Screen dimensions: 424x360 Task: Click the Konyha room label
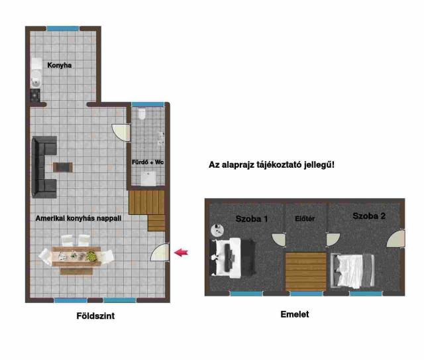(60, 65)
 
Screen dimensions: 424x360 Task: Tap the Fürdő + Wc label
(148, 162)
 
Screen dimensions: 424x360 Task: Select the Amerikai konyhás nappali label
(78, 218)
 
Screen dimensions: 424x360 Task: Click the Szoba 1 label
(252, 219)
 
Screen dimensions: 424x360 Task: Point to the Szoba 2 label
(369, 216)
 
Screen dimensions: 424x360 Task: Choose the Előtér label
(305, 219)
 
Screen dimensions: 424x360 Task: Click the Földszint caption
(95, 316)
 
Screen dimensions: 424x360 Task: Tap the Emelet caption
(295, 314)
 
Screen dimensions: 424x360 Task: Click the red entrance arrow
(181, 253)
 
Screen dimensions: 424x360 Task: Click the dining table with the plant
(77, 257)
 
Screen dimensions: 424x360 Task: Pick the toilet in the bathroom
(142, 113)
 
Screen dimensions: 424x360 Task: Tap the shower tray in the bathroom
(148, 178)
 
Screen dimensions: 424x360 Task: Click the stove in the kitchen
(35, 95)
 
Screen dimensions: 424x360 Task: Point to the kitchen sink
(36, 80)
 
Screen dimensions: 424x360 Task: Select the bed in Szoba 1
(233, 257)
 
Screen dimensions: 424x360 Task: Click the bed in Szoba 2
(352, 270)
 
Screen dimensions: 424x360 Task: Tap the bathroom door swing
(121, 133)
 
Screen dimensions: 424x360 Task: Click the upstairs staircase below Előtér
(306, 271)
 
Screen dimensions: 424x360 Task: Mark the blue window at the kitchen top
(63, 29)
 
